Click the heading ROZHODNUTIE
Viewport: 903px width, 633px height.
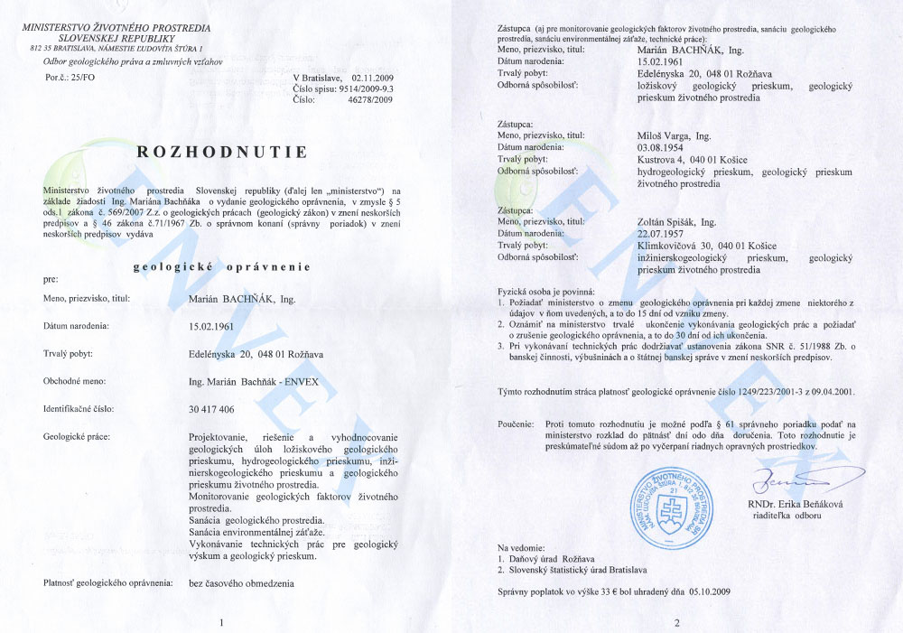(222, 151)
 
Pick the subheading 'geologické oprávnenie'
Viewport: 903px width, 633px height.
(222, 266)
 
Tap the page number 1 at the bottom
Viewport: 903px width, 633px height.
(222, 621)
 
